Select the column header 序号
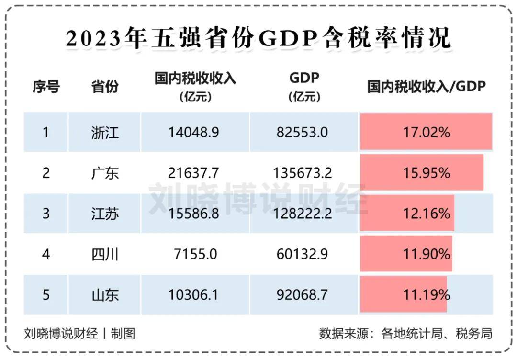(46, 87)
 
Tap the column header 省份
(105, 87)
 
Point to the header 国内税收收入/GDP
(427, 87)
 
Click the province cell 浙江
(105, 133)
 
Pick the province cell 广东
(105, 173)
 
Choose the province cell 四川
(105, 254)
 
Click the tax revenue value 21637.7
(193, 173)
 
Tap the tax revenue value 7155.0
(193, 254)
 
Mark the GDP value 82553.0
(302, 133)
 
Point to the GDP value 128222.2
(302, 214)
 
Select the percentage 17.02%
(426, 133)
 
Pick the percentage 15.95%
(426, 173)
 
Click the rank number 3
(46, 214)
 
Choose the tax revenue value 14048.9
(193, 133)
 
